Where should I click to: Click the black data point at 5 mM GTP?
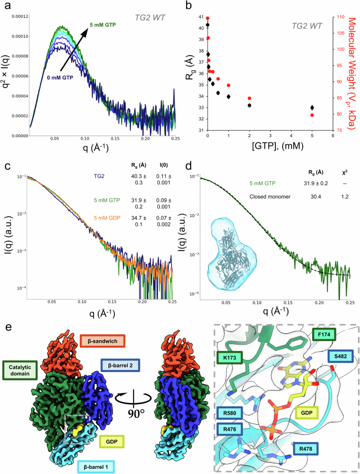click(x=312, y=108)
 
